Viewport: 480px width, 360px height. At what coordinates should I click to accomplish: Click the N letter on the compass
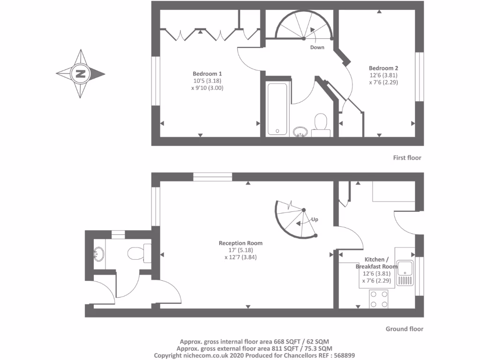[81, 74]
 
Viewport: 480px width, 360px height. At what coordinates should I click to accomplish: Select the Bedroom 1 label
[207, 74]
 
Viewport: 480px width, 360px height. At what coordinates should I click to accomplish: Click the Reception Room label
[240, 243]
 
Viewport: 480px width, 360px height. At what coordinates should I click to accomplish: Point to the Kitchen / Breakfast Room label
[377, 262]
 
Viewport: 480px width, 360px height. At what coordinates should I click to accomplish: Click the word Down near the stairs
[317, 47]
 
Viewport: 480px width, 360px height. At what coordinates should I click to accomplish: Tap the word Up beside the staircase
[315, 219]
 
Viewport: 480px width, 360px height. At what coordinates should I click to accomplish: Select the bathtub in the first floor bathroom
[277, 109]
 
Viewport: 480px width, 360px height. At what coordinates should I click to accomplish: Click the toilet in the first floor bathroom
[321, 123]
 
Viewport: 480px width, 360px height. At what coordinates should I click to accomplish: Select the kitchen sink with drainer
[405, 273]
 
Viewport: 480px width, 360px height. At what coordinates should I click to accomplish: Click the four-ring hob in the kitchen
[379, 299]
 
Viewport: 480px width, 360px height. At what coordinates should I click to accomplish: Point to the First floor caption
[407, 158]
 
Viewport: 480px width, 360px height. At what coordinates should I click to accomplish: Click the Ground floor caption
[404, 329]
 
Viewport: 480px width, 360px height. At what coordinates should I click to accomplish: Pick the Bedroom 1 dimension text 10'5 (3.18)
[207, 81]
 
